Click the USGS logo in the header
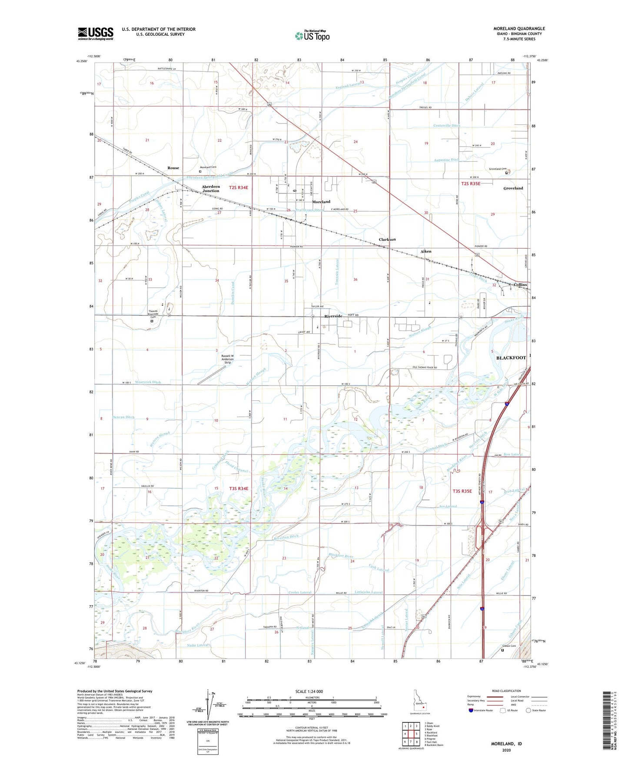(x=95, y=33)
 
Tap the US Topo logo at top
(x=312, y=36)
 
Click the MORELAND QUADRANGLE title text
(x=519, y=29)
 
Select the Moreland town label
(x=321, y=202)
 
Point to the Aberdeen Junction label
(x=211, y=189)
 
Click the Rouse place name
(x=173, y=168)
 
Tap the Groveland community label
(x=513, y=188)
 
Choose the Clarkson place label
(x=387, y=240)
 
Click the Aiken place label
(x=426, y=251)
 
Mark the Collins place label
(x=520, y=285)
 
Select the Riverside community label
(x=333, y=316)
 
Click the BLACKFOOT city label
(x=511, y=358)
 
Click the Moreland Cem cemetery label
(x=208, y=167)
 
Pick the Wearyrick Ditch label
(x=148, y=382)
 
